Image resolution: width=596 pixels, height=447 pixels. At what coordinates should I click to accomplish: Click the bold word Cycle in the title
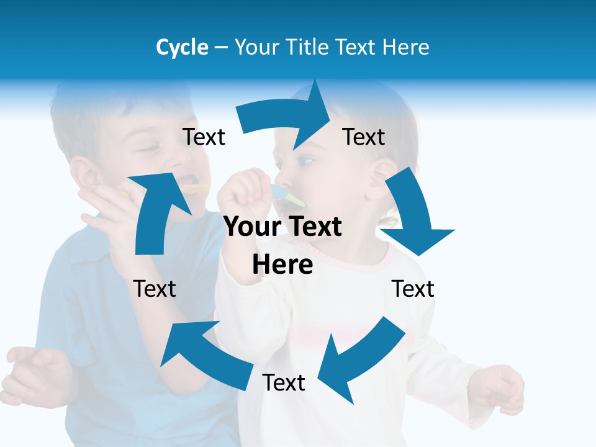pyautogui.click(x=182, y=47)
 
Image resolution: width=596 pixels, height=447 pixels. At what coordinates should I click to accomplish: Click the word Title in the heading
pyautogui.click(x=309, y=47)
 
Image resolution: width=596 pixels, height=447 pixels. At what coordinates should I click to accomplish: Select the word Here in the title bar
pyautogui.click(x=406, y=47)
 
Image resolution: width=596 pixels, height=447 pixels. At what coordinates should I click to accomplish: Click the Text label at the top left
pyautogui.click(x=204, y=137)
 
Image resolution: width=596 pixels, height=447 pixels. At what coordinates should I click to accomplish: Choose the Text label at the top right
pyautogui.click(x=364, y=137)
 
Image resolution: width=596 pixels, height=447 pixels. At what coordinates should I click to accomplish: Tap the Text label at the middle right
pyautogui.click(x=413, y=289)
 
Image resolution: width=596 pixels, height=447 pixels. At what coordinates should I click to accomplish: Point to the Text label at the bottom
pyautogui.click(x=284, y=383)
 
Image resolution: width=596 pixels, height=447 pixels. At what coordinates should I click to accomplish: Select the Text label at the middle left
pyautogui.click(x=155, y=289)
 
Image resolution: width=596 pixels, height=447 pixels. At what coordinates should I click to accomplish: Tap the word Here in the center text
pyautogui.click(x=282, y=265)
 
